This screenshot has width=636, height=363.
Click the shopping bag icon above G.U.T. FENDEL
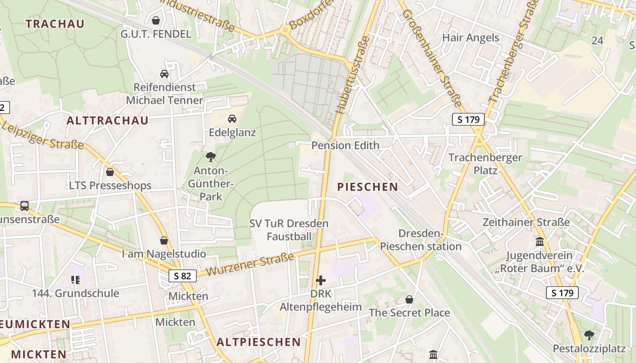tap(156, 20)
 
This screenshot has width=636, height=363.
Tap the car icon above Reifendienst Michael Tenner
tap(164, 74)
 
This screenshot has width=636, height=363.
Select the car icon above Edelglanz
tap(232, 119)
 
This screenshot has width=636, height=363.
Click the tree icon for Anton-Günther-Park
tap(210, 157)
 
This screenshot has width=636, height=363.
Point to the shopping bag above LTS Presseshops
tap(109, 172)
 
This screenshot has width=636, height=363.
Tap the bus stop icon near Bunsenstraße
tap(25, 206)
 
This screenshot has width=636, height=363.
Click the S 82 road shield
tap(183, 275)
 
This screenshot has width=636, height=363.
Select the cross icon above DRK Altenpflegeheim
tap(321, 280)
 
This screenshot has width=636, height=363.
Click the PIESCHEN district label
tap(368, 186)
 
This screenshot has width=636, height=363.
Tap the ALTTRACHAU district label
tap(107, 120)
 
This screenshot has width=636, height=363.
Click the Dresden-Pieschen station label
tap(421, 240)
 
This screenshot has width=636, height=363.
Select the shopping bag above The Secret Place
tap(409, 299)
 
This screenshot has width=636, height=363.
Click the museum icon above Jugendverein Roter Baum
tap(540, 242)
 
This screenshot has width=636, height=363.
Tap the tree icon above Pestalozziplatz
tap(589, 335)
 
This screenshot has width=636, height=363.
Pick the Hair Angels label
tap(471, 38)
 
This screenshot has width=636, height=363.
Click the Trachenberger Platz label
tap(485, 164)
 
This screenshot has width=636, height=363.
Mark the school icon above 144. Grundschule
tap(75, 280)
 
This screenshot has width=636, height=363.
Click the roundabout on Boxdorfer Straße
tap(285, 30)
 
